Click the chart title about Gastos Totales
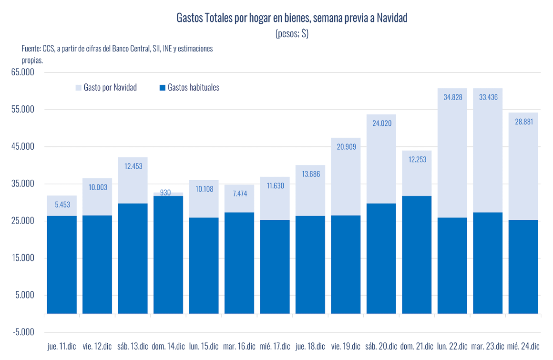(292, 19)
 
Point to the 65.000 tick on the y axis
(23, 72)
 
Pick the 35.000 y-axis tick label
(23, 184)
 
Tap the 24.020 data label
(381, 123)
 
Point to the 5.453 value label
(62, 205)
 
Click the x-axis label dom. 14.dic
(168, 346)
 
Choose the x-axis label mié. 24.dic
(523, 346)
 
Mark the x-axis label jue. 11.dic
(62, 346)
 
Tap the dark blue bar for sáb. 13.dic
(133, 258)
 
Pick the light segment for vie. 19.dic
(346, 176)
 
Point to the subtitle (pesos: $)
(292, 33)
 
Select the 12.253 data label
(416, 159)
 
